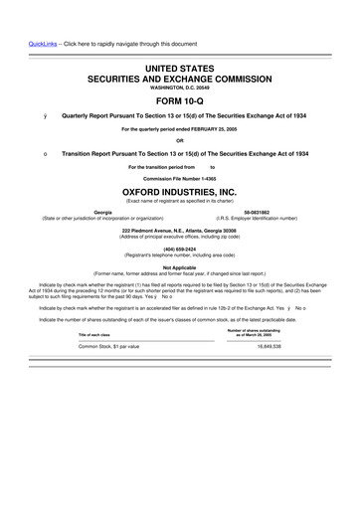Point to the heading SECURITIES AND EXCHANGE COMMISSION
(x=180, y=77)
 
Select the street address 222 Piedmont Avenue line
(x=180, y=230)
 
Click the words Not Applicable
(x=180, y=266)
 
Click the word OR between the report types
(x=180, y=140)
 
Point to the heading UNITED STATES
(x=180, y=66)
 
